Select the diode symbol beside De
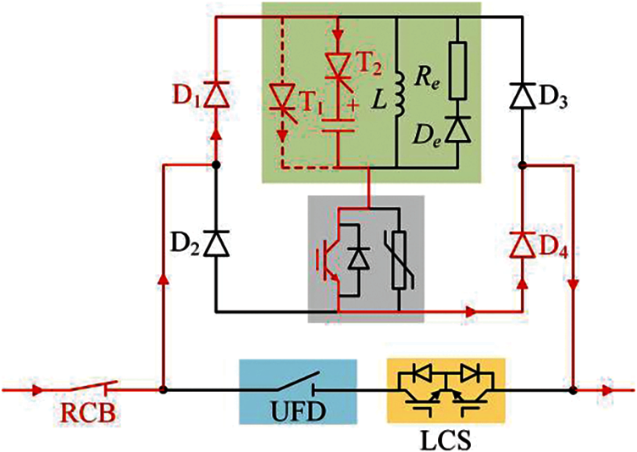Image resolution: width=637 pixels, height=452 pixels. click(x=457, y=130)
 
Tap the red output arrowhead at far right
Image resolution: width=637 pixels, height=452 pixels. click(x=608, y=391)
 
